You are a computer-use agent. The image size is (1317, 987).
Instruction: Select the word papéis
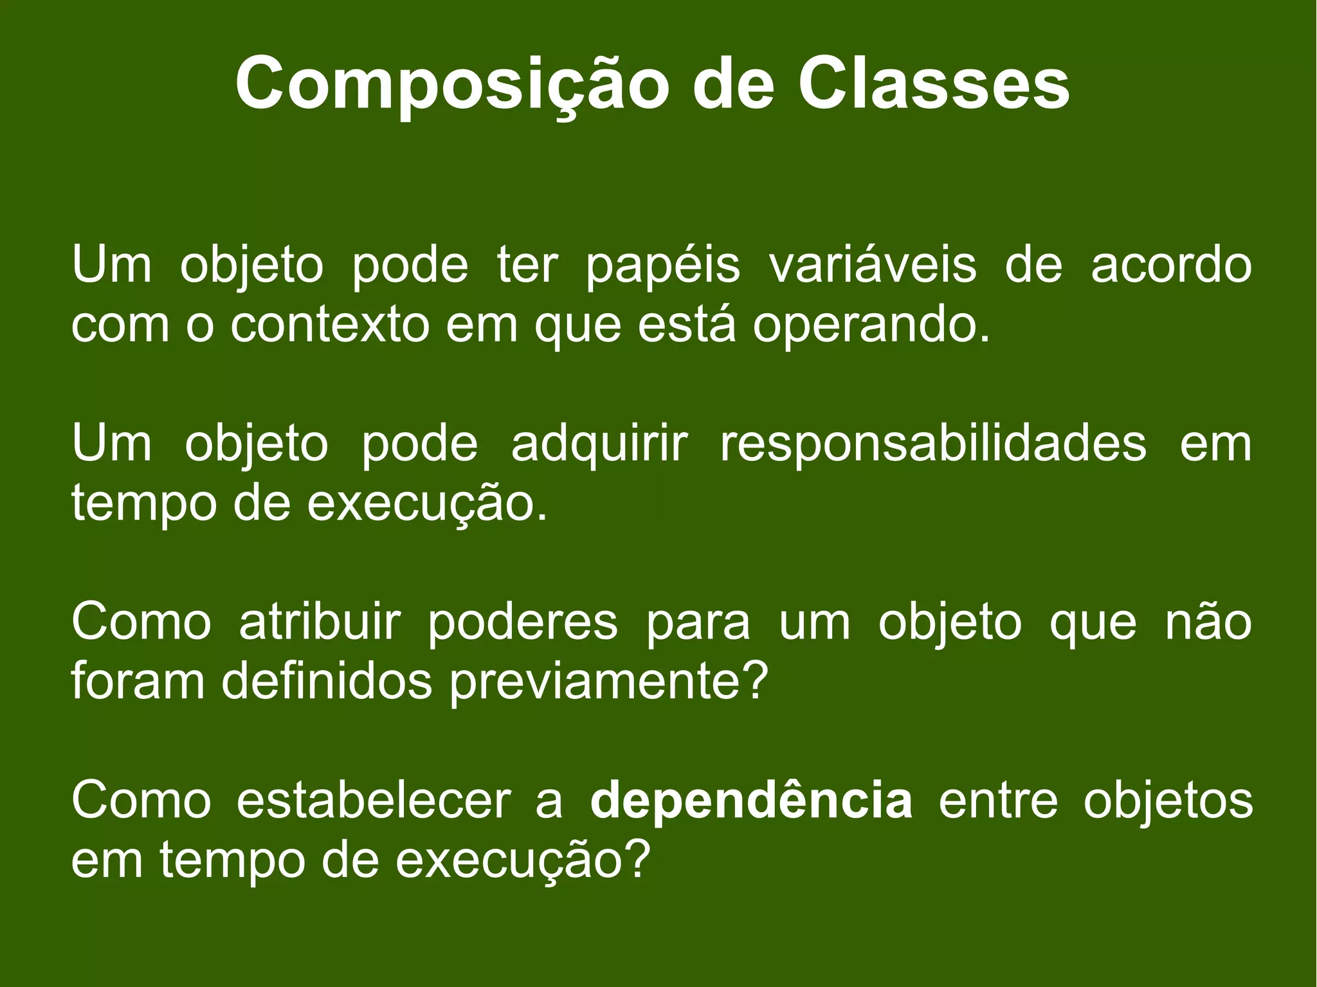(x=663, y=266)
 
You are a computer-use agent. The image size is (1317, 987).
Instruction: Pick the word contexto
(x=330, y=325)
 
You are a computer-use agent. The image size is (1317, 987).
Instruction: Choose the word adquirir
(x=599, y=444)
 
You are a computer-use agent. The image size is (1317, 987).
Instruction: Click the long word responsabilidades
(x=933, y=444)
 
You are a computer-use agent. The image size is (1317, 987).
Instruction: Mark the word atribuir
(x=320, y=622)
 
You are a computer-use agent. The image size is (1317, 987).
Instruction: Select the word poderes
(x=523, y=623)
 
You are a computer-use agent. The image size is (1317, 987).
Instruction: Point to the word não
(x=1209, y=622)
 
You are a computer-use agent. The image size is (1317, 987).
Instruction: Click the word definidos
(x=327, y=682)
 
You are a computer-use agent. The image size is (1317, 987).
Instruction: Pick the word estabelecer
(x=374, y=801)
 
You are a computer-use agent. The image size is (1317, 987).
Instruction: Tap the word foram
(x=138, y=682)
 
